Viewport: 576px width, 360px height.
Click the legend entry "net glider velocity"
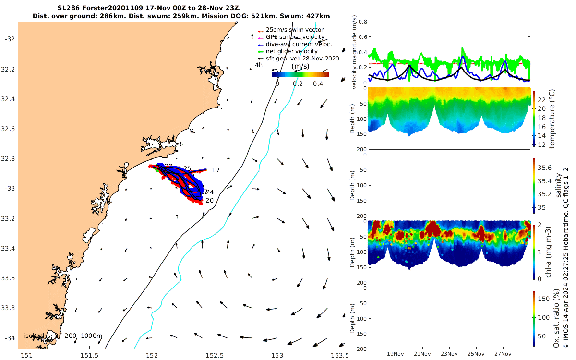(291, 51)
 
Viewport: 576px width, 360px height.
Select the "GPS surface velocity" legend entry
(295, 37)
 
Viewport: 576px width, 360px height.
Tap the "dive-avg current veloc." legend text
(298, 44)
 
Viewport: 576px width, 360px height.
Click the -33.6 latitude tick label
(9, 278)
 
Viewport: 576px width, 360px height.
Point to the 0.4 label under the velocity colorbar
(318, 84)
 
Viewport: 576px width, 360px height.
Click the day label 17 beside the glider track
(216, 170)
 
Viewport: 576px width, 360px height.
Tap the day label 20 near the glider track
(209, 200)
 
